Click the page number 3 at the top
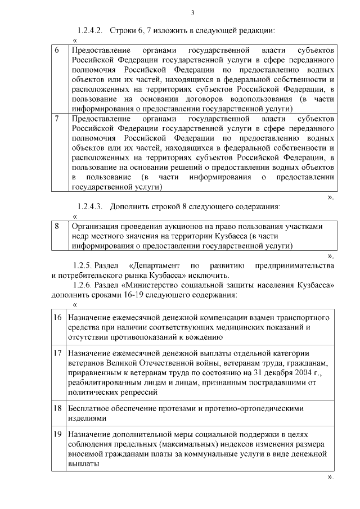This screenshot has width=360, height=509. [x=192, y=13]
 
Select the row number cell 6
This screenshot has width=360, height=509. [x=56, y=50]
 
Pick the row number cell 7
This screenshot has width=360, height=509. [x=56, y=119]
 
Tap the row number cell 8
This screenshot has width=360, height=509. [x=56, y=226]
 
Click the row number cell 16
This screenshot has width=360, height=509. [x=57, y=318]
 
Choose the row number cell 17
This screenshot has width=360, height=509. [x=57, y=353]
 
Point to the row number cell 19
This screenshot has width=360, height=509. [x=57, y=435]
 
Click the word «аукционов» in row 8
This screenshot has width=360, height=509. [x=170, y=226]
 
